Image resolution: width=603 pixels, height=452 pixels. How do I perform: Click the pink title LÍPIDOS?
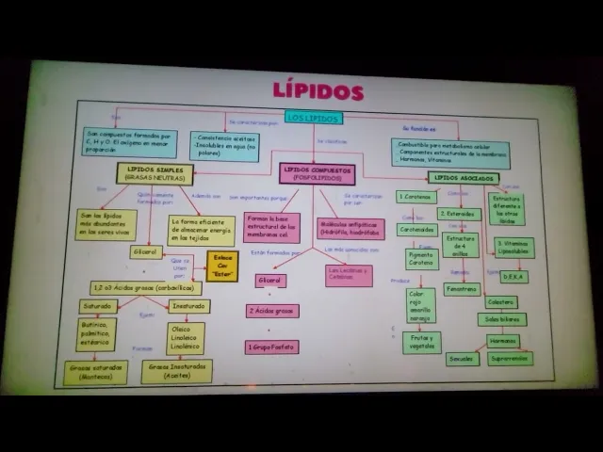(x=318, y=91)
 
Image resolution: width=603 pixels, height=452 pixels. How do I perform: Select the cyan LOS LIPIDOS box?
(x=312, y=118)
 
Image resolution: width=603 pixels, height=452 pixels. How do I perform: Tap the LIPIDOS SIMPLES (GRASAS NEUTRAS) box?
(x=155, y=173)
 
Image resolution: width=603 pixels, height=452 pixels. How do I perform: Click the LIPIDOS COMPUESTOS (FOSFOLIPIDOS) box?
(x=318, y=173)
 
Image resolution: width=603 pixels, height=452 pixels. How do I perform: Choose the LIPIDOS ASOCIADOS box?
(x=464, y=177)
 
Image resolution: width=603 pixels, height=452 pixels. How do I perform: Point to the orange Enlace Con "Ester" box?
(x=222, y=266)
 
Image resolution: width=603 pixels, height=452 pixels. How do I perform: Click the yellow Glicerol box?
(x=146, y=251)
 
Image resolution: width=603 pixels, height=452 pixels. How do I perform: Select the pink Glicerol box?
(x=270, y=281)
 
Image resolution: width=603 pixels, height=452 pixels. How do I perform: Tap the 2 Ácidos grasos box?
(x=272, y=310)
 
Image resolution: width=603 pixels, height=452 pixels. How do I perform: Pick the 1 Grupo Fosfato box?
(x=272, y=347)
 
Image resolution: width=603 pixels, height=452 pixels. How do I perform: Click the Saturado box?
(x=99, y=306)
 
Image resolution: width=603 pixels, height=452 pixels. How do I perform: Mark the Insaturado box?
(x=188, y=306)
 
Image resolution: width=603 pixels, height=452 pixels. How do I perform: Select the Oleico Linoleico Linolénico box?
(x=186, y=338)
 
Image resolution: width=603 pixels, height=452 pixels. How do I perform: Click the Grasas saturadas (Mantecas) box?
(x=95, y=372)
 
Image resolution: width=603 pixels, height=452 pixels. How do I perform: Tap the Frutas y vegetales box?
(x=421, y=342)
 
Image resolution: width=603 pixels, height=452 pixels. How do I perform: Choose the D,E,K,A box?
(x=514, y=277)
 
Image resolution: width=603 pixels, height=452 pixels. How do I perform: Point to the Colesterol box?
(x=500, y=302)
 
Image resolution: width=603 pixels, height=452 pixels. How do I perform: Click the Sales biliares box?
(x=501, y=319)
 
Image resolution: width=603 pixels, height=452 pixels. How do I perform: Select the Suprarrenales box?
(x=511, y=359)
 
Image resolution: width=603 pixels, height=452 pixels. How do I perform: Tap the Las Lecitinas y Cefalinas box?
(x=349, y=275)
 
